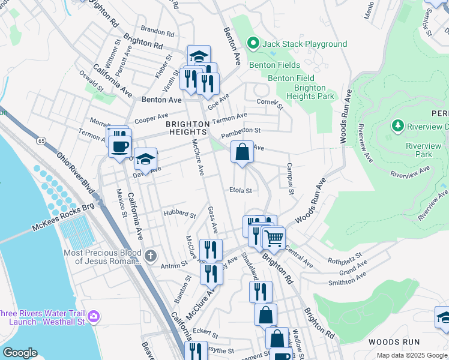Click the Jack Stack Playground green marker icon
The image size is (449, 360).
click(x=253, y=44)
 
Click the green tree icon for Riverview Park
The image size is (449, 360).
click(x=397, y=125)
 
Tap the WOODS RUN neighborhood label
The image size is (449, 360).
click(x=394, y=341)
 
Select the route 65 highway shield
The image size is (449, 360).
click(x=40, y=140)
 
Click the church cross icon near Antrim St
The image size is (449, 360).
click(x=150, y=256)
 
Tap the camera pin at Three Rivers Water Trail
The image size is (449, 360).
click(x=94, y=316)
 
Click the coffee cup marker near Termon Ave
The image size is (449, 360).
click(x=120, y=146)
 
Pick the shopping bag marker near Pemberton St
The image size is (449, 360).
click(x=242, y=152)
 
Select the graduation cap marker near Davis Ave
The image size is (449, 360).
click(x=145, y=159)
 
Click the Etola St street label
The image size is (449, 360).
click(x=240, y=191)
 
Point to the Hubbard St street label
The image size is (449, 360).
click(x=179, y=214)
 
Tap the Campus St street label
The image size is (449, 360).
click(x=290, y=179)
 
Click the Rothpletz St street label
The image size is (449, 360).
click(x=343, y=260)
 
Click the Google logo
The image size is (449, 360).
click(x=20, y=353)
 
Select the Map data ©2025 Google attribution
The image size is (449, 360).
click(x=411, y=355)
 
